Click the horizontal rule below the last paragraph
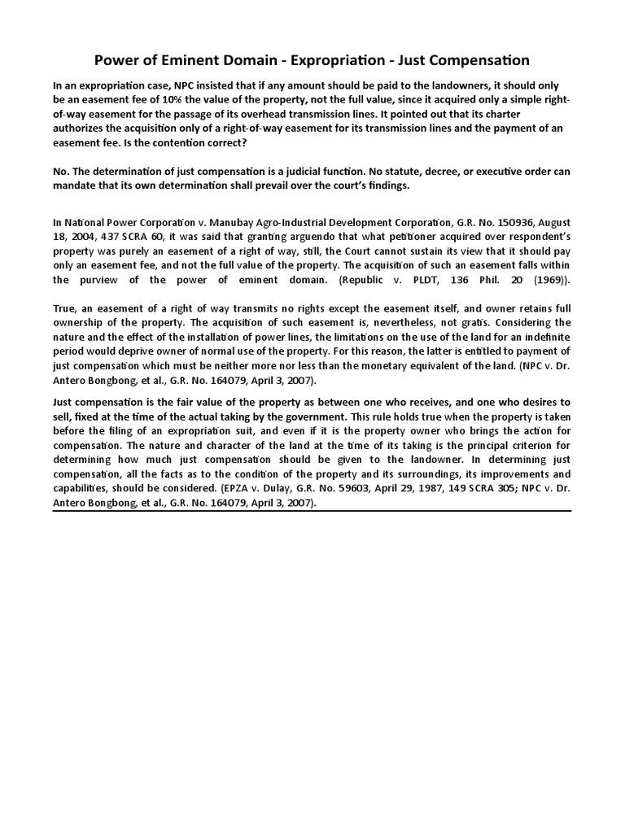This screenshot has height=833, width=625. (x=312, y=512)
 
